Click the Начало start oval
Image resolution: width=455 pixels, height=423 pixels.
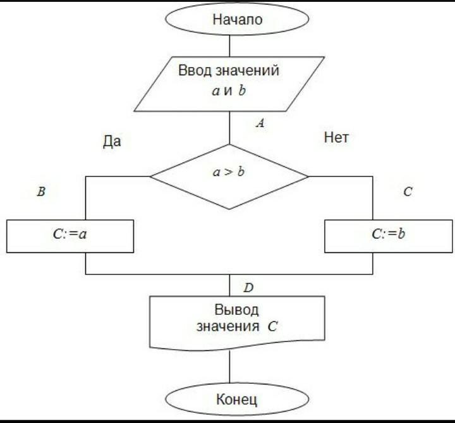(229, 20)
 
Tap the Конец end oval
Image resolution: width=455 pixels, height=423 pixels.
(229, 400)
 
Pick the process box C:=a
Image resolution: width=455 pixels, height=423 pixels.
(70, 235)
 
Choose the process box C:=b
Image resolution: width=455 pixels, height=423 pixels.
(388, 235)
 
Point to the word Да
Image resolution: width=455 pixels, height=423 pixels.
(111, 142)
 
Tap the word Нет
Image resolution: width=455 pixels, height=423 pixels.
(336, 137)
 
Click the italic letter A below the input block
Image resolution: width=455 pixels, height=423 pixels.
(259, 124)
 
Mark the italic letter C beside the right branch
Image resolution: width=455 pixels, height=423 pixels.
(408, 192)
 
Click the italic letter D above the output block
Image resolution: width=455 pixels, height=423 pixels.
(248, 288)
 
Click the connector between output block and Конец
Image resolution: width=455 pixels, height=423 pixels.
(229, 367)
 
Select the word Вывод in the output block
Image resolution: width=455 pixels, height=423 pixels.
(237, 310)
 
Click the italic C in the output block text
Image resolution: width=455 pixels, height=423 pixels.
(272, 327)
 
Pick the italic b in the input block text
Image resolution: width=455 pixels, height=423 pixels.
(241, 90)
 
